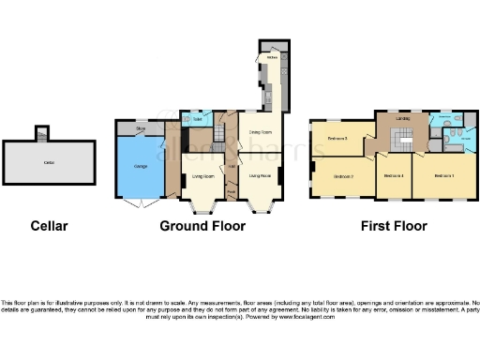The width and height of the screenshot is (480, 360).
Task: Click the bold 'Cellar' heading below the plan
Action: (49, 226)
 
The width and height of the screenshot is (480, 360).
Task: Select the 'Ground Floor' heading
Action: (198, 226)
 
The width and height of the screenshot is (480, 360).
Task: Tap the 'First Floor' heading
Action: (395, 226)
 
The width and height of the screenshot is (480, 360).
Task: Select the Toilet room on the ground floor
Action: (198, 120)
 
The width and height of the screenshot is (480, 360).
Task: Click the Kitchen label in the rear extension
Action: (271, 58)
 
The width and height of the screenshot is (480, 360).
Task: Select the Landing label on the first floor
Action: (403, 119)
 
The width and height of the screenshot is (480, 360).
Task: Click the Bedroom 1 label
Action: (443, 175)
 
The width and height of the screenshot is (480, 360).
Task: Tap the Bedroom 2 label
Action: (344, 175)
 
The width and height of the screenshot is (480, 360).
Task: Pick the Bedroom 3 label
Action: (337, 139)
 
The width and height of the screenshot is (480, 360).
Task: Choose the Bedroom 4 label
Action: (394, 175)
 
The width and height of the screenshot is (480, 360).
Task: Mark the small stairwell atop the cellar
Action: (40, 132)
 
